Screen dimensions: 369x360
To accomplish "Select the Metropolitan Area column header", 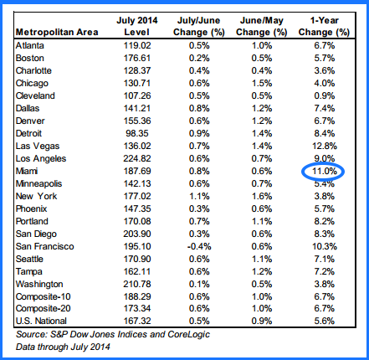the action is (x=57, y=32).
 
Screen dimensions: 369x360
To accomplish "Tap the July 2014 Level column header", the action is (x=137, y=26).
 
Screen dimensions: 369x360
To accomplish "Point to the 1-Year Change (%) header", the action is (x=324, y=26).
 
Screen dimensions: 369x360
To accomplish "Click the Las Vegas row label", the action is (x=38, y=146).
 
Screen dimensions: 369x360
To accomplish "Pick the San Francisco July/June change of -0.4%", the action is (x=199, y=246).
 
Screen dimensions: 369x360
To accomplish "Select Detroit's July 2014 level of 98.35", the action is (x=137, y=133).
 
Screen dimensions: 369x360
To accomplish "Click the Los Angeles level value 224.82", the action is (x=137, y=158).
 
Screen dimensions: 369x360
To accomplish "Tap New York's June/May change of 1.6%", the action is (x=262, y=196).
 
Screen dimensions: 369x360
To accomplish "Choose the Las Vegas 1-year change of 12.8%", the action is (x=325, y=146).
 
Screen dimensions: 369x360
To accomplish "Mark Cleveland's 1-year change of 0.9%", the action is (x=325, y=95).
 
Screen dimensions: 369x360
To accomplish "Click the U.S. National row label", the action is (x=41, y=321).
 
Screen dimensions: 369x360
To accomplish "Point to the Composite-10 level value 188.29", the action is (x=137, y=296).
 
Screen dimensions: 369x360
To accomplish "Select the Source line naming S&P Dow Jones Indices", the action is (x=113, y=334).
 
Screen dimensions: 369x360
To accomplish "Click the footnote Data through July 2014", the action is (x=63, y=347).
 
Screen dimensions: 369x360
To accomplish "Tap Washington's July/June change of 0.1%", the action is (x=199, y=284).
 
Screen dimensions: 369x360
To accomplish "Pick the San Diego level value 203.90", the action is (x=137, y=234).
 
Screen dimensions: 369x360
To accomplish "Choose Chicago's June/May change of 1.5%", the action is (x=262, y=83).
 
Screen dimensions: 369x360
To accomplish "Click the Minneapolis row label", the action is (x=38, y=183).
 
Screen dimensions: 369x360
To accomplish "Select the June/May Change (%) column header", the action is (x=262, y=26).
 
